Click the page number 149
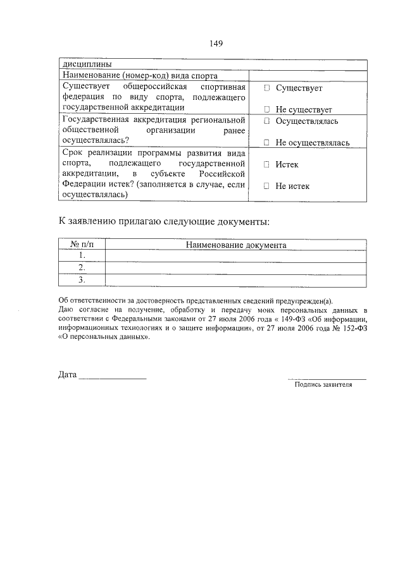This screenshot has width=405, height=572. click(x=216, y=44)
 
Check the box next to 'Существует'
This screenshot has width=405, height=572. click(x=267, y=88)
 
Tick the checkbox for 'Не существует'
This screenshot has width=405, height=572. click(x=267, y=109)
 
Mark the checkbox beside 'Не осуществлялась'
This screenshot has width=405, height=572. click(x=267, y=143)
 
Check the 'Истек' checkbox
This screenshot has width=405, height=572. click(x=267, y=164)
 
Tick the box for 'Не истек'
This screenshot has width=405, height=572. click(x=267, y=186)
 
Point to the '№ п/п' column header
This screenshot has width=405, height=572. click(x=82, y=245)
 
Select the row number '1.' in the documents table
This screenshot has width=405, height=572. click(x=82, y=255)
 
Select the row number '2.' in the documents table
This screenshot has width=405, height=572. click(x=82, y=267)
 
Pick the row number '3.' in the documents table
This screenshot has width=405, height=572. click(x=82, y=279)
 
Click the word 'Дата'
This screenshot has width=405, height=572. click(x=67, y=375)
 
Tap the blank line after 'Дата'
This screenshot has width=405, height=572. click(x=112, y=378)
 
